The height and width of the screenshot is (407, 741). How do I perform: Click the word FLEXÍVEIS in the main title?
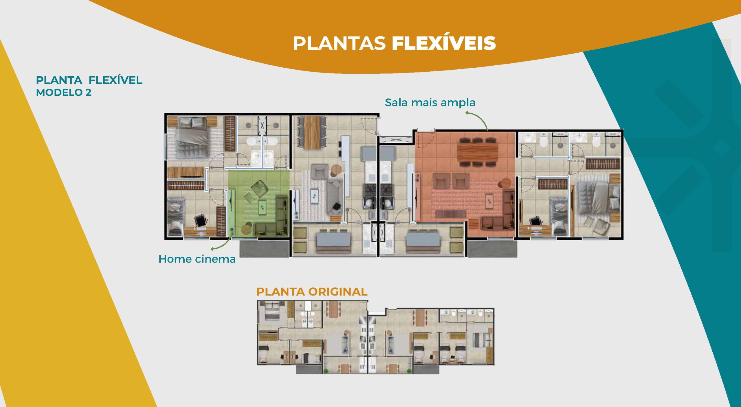pos(444,43)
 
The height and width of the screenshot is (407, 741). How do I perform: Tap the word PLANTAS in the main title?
pos(339,43)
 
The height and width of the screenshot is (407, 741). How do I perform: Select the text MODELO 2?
pos(64,92)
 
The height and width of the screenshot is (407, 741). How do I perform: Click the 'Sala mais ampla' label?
pos(430,103)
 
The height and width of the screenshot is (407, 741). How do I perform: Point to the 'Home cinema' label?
pos(197,259)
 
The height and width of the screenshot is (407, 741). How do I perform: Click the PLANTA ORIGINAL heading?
pos(312,292)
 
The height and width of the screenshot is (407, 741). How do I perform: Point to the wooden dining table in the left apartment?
pos(312,132)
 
